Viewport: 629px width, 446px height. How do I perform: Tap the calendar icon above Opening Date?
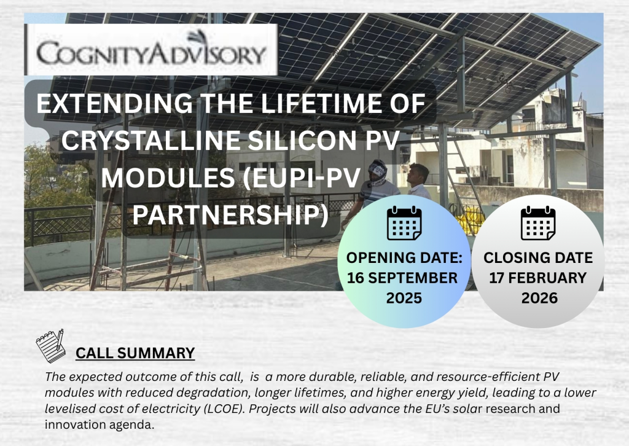click(x=404, y=223)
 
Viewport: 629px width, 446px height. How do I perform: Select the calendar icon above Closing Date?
click(x=538, y=223)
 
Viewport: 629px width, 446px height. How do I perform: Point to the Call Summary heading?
click(x=135, y=353)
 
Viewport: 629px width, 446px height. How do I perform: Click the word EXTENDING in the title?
click(x=114, y=103)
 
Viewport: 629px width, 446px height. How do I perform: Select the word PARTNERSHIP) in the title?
click(x=230, y=215)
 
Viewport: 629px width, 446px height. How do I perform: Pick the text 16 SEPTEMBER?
click(x=402, y=278)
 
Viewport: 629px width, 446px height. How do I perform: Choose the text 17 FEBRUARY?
click(x=538, y=278)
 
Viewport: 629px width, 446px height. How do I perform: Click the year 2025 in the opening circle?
click(x=404, y=298)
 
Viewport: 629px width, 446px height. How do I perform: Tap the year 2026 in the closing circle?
click(x=539, y=298)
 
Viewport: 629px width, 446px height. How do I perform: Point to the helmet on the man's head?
click(x=378, y=173)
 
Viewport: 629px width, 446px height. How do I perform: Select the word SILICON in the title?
click(x=302, y=141)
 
